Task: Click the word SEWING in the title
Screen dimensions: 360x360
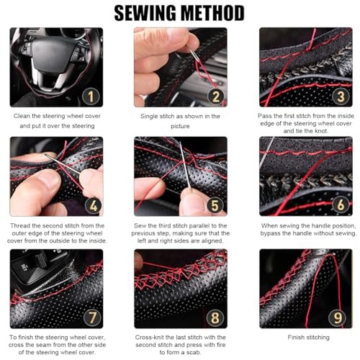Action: click(x=145, y=13)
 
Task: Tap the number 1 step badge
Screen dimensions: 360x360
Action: click(x=91, y=96)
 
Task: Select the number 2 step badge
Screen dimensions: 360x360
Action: click(x=216, y=96)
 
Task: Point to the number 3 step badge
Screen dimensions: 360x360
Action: click(x=341, y=96)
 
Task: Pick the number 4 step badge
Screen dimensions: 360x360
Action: click(x=94, y=205)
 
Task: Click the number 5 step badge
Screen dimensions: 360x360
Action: click(x=215, y=205)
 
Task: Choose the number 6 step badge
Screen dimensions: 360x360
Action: click(x=341, y=204)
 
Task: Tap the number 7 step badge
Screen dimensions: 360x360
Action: click(x=93, y=318)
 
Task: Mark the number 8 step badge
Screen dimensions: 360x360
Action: click(x=215, y=318)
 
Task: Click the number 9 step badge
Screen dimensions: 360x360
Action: click(x=338, y=318)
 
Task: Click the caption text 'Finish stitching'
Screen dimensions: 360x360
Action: click(x=308, y=338)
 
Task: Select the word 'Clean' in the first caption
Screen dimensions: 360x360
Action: click(x=22, y=116)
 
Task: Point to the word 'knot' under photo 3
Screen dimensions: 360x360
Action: click(x=320, y=131)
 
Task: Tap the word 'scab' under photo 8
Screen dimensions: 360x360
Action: click(x=194, y=352)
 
